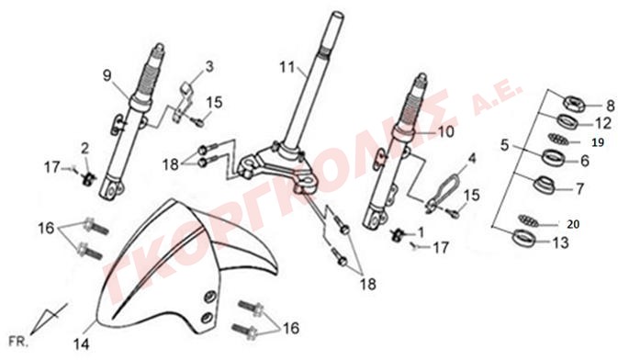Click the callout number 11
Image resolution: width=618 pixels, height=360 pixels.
coord(287,67)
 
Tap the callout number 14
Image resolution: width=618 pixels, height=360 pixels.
coord(82,344)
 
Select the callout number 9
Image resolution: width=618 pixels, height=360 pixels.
coord(107,75)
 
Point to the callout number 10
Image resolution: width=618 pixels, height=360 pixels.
coord(446,132)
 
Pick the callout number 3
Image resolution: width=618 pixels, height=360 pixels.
coord(209,67)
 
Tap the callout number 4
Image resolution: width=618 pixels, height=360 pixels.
coord(472,159)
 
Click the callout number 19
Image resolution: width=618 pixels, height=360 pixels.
coord(599,142)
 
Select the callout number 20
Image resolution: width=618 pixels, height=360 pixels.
coord(573,224)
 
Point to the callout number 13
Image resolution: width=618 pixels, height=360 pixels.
coord(561,242)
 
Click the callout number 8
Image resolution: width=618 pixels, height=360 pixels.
coord(610,106)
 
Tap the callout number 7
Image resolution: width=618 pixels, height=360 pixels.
coord(579,189)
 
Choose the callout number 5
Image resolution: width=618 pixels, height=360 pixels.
coord(505,145)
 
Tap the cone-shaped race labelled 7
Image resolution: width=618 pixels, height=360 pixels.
coord(545,185)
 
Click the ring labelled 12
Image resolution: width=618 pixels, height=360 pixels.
coord(567,121)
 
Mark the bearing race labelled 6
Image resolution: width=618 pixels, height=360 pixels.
coord(554,157)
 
